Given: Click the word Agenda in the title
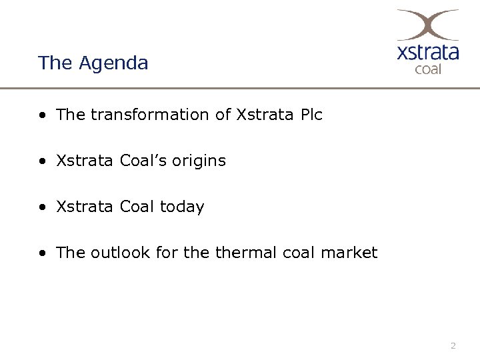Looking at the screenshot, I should click(113, 63).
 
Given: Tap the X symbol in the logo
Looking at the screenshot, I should click(427, 25).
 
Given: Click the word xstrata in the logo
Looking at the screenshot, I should click(427, 53).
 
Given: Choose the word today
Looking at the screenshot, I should click(182, 207).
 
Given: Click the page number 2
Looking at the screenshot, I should click(453, 345).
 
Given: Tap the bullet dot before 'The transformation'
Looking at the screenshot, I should click(42, 115).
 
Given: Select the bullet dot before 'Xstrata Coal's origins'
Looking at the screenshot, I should click(42, 161).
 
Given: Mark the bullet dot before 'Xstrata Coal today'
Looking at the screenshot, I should click(42, 207).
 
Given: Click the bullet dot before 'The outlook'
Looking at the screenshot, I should click(42, 253).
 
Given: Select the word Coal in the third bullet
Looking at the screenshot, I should click(137, 207).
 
